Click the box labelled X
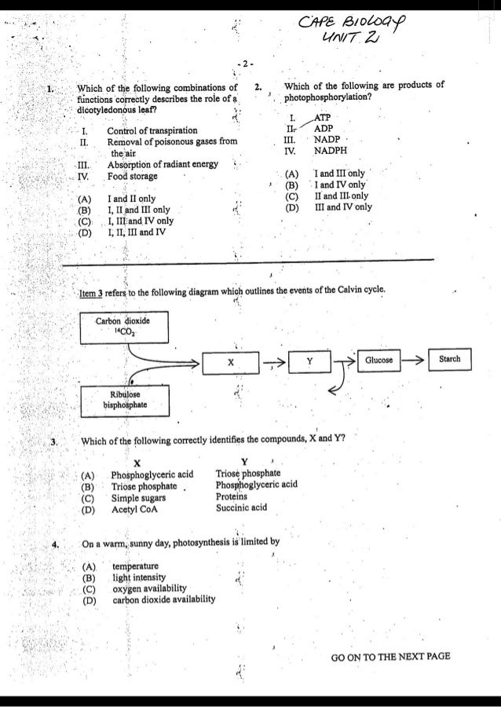(x=231, y=364)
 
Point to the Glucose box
(x=378, y=360)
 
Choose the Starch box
(x=449, y=360)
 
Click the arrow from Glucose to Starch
(x=414, y=361)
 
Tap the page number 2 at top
(x=245, y=63)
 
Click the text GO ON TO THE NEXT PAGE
(x=391, y=657)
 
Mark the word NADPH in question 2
(x=330, y=150)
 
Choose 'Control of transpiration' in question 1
(x=152, y=130)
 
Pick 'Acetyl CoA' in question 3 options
(x=135, y=508)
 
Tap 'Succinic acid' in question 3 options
(x=241, y=507)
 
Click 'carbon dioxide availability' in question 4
(x=163, y=599)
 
